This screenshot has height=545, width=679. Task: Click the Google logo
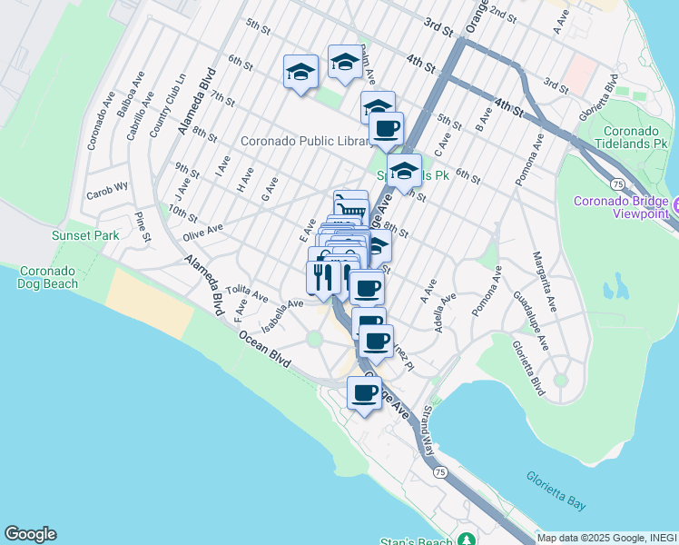tap(30, 534)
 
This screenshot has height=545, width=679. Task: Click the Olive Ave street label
tap(202, 233)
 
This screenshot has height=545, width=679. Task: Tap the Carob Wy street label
tap(107, 193)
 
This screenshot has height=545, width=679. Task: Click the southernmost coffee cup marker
tap(364, 394)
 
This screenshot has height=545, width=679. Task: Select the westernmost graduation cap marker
tap(300, 72)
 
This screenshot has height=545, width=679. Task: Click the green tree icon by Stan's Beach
tap(467, 539)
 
